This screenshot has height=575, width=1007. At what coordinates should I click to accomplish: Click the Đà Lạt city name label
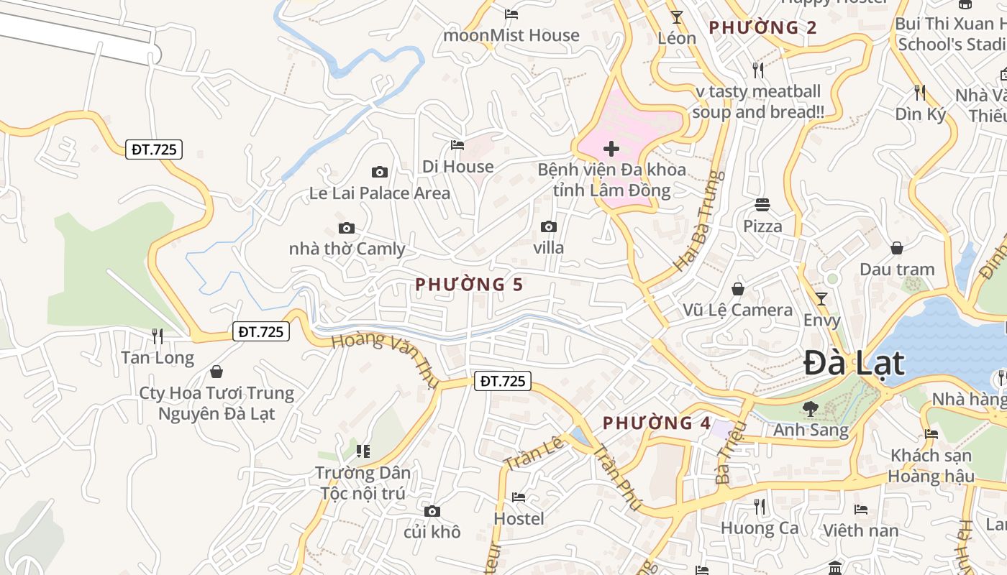coord(853,363)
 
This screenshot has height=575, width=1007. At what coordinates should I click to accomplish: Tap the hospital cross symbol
coord(611,149)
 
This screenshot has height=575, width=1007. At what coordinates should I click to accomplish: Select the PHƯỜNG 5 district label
coord(469,285)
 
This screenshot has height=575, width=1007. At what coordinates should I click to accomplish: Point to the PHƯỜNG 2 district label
coord(762,28)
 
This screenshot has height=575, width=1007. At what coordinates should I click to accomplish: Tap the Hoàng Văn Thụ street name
coord(384,359)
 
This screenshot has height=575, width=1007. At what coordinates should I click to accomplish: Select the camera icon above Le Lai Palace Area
coord(379,172)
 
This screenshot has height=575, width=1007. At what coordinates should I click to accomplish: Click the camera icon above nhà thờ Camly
coord(347,228)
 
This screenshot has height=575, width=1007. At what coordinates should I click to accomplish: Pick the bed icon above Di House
coord(457,145)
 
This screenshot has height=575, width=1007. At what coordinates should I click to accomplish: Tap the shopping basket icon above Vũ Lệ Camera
coord(737,289)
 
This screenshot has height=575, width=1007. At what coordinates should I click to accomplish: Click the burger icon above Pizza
coord(762,205)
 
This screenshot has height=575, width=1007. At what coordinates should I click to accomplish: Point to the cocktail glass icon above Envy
coord(821,298)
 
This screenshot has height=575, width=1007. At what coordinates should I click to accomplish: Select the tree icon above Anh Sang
coord(811,408)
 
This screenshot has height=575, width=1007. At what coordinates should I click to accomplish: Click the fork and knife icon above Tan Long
coord(158,336)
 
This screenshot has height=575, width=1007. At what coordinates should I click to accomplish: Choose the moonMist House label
coord(511,35)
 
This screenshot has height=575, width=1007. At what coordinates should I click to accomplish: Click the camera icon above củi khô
coord(432,511)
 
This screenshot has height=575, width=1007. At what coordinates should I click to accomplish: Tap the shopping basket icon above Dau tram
coord(897,248)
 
